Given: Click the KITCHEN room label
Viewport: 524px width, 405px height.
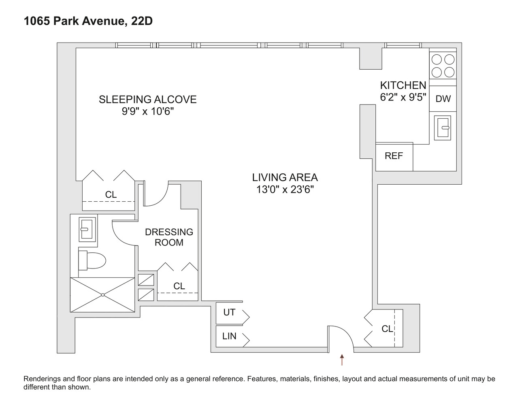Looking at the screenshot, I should tap(403, 85).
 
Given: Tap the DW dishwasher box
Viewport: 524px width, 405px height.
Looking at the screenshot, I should tap(443, 98).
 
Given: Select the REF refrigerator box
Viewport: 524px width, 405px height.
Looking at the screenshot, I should tap(394, 156).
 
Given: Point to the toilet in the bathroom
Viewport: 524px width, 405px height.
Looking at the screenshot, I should tap(92, 260).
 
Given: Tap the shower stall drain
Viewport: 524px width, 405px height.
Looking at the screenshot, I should tap(103, 294).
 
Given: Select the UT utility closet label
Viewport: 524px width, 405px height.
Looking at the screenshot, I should tap(229, 313).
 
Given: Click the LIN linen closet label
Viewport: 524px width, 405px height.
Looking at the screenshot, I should tap(229, 336).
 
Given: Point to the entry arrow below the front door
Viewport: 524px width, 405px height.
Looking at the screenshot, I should tap(342, 360).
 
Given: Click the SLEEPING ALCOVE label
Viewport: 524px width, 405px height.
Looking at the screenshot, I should tap(147, 99).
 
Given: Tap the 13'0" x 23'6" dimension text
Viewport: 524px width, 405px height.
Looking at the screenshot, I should tap(285, 189).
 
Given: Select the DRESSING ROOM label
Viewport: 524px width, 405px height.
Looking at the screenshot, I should tap(169, 237).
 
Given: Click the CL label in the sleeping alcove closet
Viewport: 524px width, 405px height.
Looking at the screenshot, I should tap(111, 195).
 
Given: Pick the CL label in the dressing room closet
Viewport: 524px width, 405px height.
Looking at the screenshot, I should tap(179, 286).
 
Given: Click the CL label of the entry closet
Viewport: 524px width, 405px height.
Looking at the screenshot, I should tap(387, 329).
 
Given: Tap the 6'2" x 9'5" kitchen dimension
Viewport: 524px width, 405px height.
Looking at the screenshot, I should tap(403, 97).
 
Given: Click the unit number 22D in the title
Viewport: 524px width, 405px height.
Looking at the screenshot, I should tap(142, 21).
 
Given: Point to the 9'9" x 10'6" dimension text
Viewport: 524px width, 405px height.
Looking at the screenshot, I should tap(147, 111).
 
